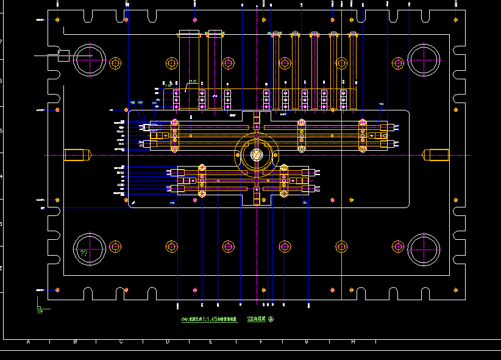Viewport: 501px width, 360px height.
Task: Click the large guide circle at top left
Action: coord(90,60)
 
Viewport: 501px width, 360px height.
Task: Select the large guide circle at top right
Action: coord(424,60)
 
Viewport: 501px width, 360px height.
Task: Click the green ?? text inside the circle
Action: coord(84,251)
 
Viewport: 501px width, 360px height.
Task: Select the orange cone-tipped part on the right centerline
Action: coord(436,155)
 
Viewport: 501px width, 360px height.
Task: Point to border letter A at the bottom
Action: coord(28,342)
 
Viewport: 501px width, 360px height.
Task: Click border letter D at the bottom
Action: coord(167,342)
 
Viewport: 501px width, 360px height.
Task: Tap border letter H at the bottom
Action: coord(353,342)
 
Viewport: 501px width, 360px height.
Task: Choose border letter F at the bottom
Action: coord(261,342)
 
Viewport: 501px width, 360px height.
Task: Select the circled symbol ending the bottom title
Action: coord(271,319)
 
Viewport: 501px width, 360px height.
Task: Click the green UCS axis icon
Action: coord(40,309)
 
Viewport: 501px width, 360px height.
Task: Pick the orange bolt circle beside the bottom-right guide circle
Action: coord(397,247)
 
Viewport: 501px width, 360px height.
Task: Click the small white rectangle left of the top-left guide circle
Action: coord(63,56)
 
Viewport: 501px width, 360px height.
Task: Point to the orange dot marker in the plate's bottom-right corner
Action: coord(455,289)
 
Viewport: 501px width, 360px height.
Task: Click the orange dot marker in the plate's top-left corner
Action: coord(57,20)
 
